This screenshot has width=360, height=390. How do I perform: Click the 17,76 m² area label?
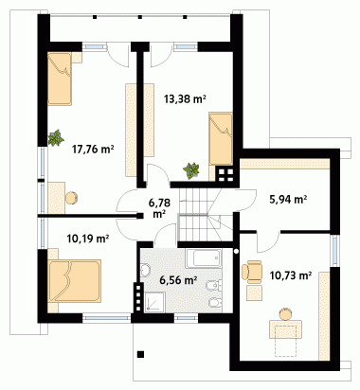93,149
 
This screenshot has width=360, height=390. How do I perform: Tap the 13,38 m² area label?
185,99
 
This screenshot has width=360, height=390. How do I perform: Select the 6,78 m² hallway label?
159,208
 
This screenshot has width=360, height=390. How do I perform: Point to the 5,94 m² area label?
288,199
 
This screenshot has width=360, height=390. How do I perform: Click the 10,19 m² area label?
88,239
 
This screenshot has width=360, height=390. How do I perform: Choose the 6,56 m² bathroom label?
178,279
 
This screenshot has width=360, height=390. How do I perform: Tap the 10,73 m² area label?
291,275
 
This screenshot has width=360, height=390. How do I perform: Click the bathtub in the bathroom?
204,258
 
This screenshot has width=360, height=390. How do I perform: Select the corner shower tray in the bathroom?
154,302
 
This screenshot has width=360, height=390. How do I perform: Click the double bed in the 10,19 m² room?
75,281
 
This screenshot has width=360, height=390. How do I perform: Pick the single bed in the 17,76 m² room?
60,79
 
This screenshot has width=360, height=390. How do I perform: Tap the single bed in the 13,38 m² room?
221,138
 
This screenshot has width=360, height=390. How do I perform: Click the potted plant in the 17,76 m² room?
56,137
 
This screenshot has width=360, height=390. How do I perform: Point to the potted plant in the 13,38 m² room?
191,170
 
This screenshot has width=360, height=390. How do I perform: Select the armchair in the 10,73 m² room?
252,272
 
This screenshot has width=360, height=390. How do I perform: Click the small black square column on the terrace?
141,354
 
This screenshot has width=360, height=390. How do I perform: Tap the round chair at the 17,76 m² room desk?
72,198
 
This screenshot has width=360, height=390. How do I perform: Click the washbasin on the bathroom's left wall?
145,271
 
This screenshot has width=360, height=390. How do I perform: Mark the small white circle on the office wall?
236,251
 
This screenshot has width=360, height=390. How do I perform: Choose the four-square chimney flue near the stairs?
225,175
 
